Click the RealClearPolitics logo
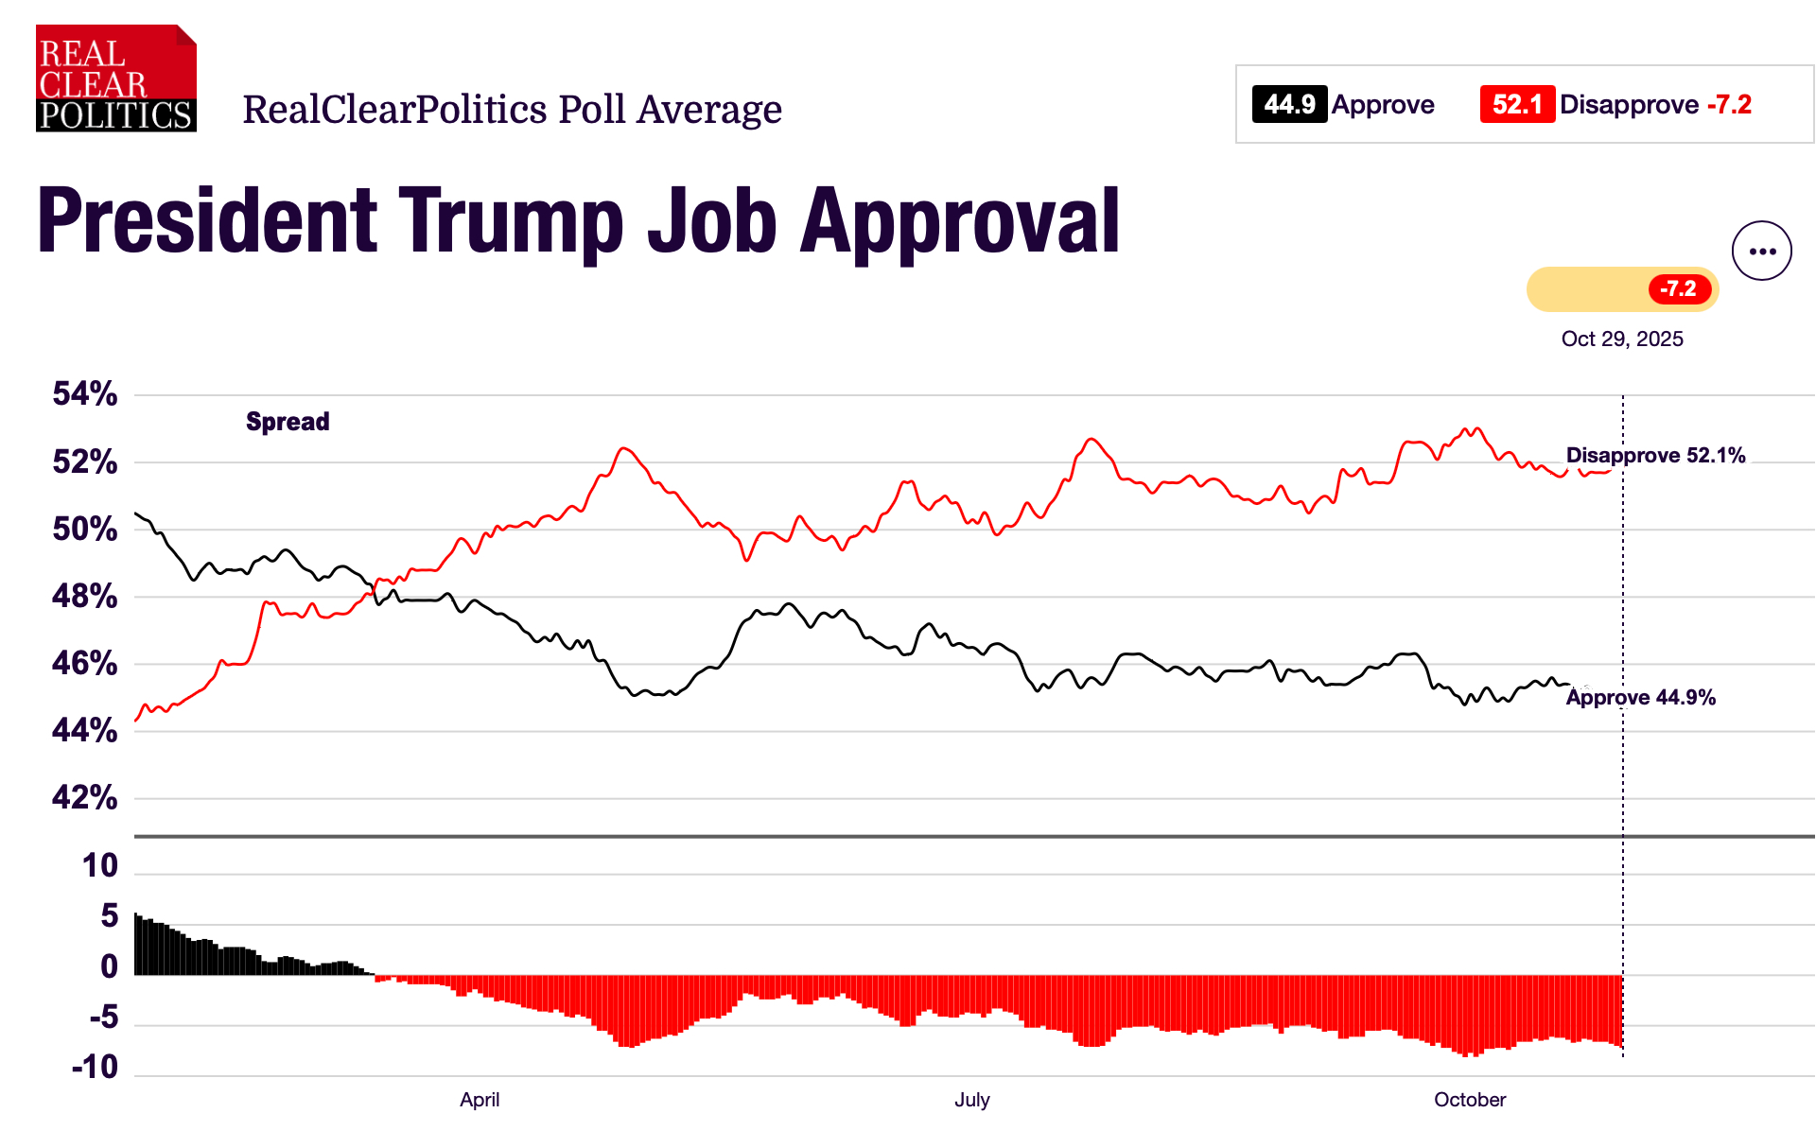point(115,79)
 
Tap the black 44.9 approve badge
point(1289,104)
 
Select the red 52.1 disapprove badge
point(1516,104)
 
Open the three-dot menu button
point(1761,251)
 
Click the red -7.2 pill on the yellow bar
point(1679,288)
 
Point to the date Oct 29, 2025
point(1621,339)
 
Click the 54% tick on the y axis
point(85,393)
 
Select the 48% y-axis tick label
point(85,596)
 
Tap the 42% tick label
point(85,797)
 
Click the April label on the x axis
point(480,1100)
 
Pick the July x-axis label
point(971,1100)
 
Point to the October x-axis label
point(1469,1100)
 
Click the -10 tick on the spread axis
point(95,1067)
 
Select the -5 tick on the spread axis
point(103,1017)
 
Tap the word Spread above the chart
point(288,422)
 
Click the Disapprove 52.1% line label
point(1655,455)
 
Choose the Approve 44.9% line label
point(1640,697)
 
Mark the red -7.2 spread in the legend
point(1729,104)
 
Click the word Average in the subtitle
point(709,110)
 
